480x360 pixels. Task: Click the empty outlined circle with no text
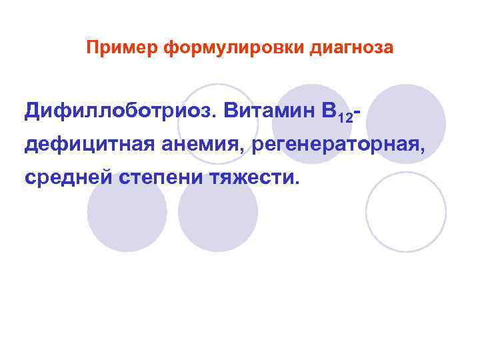click(406, 211)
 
